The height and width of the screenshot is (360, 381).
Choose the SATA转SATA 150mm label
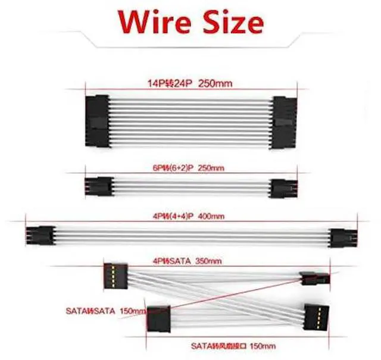pos(104,311)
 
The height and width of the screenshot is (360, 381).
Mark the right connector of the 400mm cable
pos(341,236)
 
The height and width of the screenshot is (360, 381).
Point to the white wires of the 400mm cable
pos(190,234)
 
